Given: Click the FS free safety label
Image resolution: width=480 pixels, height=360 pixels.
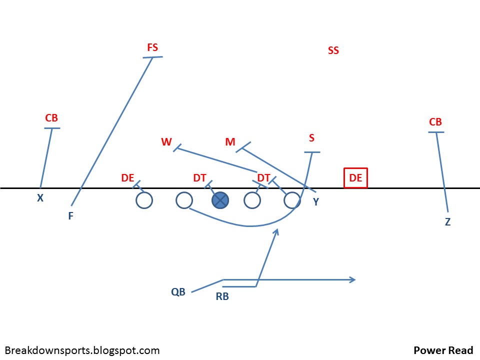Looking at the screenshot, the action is [x=152, y=47].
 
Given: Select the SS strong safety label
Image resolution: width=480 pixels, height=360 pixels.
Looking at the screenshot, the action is [x=333, y=50].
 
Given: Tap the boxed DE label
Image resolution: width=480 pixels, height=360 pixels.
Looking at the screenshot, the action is [x=355, y=178].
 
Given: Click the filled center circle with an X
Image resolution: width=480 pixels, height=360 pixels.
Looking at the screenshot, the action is [x=220, y=200].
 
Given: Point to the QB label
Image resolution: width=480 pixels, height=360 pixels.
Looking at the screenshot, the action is [x=178, y=292].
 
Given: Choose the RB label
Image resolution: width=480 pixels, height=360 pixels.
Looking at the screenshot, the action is [x=222, y=296].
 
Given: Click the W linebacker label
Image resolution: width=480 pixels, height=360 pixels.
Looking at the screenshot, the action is [x=166, y=142].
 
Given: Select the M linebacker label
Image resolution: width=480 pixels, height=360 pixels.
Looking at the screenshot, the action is [x=230, y=142].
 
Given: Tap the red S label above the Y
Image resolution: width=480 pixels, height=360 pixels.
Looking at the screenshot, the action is [x=312, y=138].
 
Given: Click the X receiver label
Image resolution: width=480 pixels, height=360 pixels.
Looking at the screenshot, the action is [x=40, y=198].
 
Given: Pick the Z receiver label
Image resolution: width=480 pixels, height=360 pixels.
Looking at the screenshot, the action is [x=447, y=222].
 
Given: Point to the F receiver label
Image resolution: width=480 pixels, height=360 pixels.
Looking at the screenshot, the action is [x=71, y=216].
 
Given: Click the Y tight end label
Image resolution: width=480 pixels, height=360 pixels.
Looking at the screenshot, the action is [x=316, y=202].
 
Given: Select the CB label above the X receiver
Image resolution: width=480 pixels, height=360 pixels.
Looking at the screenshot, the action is [x=51, y=118].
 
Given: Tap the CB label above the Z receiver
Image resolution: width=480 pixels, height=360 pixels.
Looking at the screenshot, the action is [x=435, y=122].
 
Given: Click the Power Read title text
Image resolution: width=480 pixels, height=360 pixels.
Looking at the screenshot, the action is [x=443, y=350].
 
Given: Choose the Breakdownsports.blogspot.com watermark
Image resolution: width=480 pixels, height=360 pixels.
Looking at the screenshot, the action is [x=82, y=350].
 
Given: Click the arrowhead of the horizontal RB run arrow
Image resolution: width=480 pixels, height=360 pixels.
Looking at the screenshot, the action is [x=353, y=279].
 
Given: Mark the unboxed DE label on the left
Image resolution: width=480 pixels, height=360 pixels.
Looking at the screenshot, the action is [x=127, y=178].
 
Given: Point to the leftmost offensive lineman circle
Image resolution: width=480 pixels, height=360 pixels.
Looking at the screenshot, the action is [x=144, y=200].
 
